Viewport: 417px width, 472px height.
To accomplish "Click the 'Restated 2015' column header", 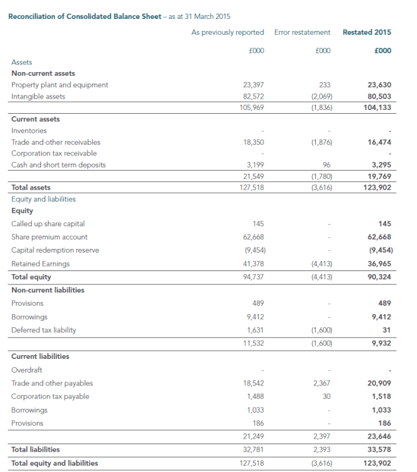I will [x=366, y=32].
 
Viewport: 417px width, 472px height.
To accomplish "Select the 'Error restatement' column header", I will [x=302, y=32].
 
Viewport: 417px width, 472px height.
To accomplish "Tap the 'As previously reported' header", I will [x=227, y=32].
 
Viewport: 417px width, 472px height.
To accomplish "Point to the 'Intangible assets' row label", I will [x=38, y=97].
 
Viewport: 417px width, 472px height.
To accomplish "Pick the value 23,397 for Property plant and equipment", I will [x=253, y=85].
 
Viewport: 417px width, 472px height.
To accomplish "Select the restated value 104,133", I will [x=378, y=107].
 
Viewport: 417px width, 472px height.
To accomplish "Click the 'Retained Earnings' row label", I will [x=40, y=263].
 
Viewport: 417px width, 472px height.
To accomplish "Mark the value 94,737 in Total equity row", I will [x=253, y=277].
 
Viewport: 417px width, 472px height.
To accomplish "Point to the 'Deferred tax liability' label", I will [x=42, y=330].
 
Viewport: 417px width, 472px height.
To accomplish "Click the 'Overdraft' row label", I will [x=27, y=370].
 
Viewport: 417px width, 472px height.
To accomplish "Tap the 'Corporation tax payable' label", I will [x=50, y=397].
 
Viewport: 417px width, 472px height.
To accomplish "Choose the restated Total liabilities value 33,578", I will [x=379, y=450].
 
